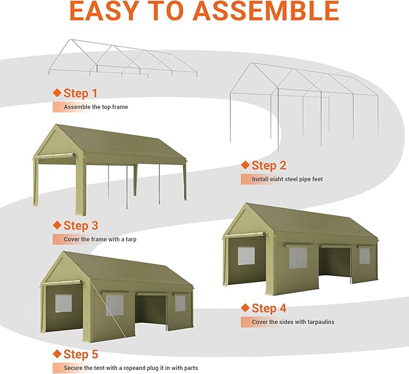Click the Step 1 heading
tap(80, 93)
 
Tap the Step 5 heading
tap(80, 354)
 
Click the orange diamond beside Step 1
tap(57, 93)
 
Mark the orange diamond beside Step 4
tap(245, 308)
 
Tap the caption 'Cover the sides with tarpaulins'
tap(293, 322)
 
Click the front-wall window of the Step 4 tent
tap(246, 255)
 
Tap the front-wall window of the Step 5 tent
tap(63, 303)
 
